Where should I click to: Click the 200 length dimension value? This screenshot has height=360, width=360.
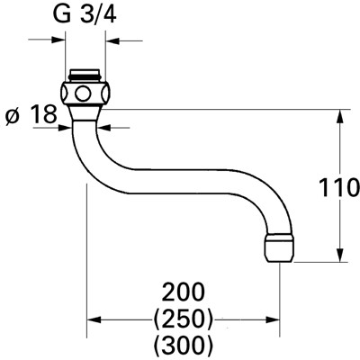pyautogui.click(x=184, y=292)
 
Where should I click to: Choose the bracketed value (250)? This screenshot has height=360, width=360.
pyautogui.click(x=184, y=318)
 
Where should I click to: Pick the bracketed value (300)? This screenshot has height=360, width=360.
pyautogui.click(x=184, y=344)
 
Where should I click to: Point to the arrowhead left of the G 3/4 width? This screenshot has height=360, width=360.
pyautogui.click(x=60, y=40)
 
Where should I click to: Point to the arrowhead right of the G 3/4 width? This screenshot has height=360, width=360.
pyautogui.click(x=112, y=40)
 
